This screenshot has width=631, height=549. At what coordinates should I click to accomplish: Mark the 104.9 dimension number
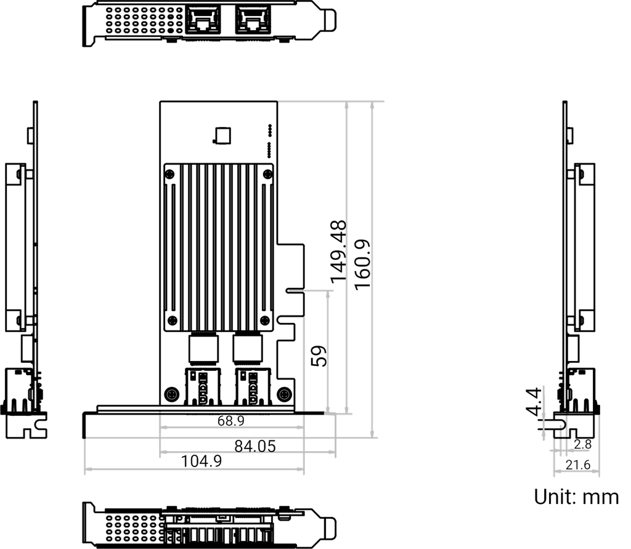[202, 461]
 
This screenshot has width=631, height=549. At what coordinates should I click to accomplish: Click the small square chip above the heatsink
[221, 135]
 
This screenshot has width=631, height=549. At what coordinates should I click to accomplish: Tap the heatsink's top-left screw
[171, 174]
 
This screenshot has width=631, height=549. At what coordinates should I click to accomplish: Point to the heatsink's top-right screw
[266, 174]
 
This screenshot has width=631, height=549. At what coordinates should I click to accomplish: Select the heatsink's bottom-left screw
[171, 319]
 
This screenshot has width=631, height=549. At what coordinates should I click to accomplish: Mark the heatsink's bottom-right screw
[266, 319]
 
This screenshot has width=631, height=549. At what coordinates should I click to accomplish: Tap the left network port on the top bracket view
[202, 22]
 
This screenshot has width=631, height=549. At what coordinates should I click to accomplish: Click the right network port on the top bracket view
[251, 22]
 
